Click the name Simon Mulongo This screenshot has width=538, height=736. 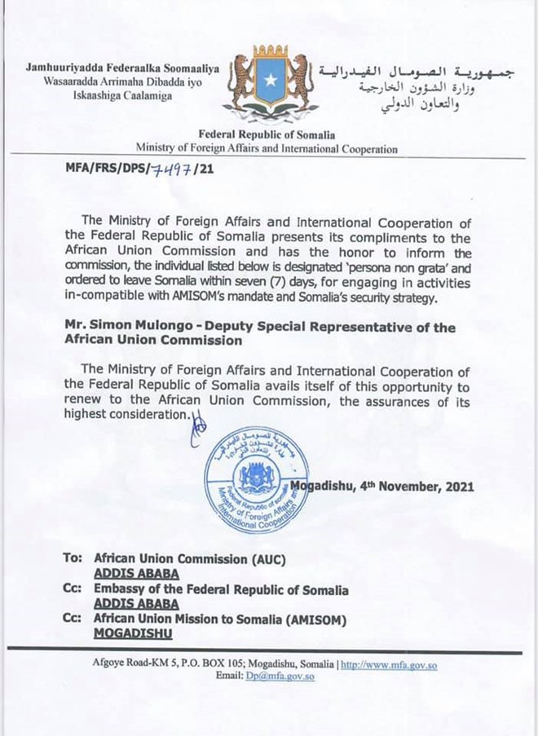pos(139,326)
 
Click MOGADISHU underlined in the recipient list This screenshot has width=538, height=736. pos(130,632)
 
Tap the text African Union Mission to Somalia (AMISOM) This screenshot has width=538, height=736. pos(221,619)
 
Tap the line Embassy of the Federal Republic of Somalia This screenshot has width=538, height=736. pos(221,589)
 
